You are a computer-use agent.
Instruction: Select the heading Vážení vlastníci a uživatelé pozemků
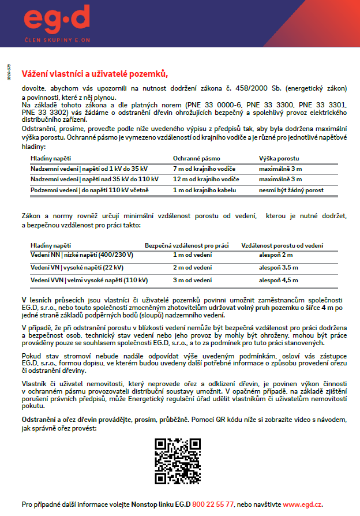tap(95, 73)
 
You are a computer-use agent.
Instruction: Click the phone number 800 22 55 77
tap(213, 504)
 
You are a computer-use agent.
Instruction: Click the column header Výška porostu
tap(279, 158)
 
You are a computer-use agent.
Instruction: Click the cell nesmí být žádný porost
tap(291, 190)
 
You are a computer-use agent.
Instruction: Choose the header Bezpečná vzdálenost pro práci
tap(187, 245)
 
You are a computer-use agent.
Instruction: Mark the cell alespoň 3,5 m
tap(279, 267)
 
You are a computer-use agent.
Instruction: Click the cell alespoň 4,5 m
tap(279, 280)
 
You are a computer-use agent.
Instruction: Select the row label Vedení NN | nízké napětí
tap(82, 255)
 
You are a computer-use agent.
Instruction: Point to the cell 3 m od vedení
tap(192, 280)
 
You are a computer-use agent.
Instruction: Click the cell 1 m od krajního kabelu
tap(206, 190)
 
